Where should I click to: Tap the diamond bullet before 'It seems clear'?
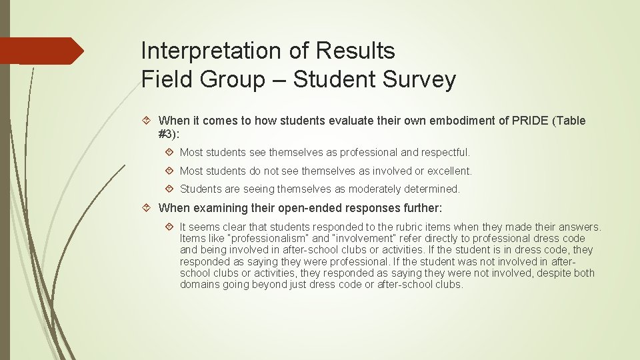tap(170, 227)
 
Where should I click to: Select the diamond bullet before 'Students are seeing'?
tap(170, 189)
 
